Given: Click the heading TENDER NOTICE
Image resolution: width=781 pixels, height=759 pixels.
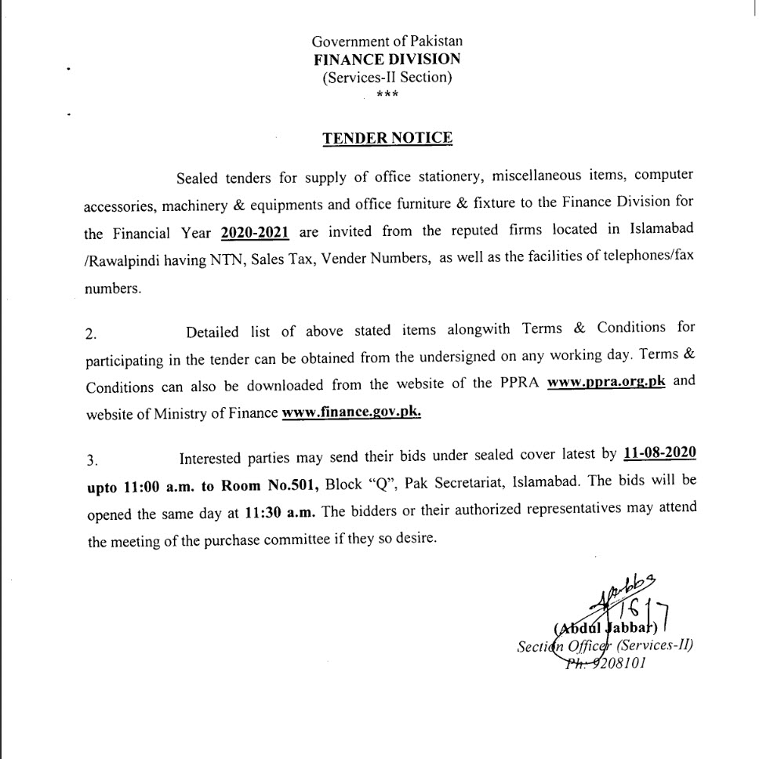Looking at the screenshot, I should tap(387, 138).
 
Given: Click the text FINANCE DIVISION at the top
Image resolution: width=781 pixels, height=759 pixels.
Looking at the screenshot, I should tap(387, 59).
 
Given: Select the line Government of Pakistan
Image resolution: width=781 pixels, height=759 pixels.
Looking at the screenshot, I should tap(387, 41).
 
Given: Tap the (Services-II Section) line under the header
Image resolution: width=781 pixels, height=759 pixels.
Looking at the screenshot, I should tap(387, 77).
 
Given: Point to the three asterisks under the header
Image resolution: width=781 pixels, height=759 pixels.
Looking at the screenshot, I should tap(387, 95).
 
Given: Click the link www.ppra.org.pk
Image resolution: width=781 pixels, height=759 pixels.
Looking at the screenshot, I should tap(606, 383).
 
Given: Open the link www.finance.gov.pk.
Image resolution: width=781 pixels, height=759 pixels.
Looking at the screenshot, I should tap(351, 412).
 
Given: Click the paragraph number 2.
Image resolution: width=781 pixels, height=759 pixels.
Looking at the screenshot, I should tap(92, 333).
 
